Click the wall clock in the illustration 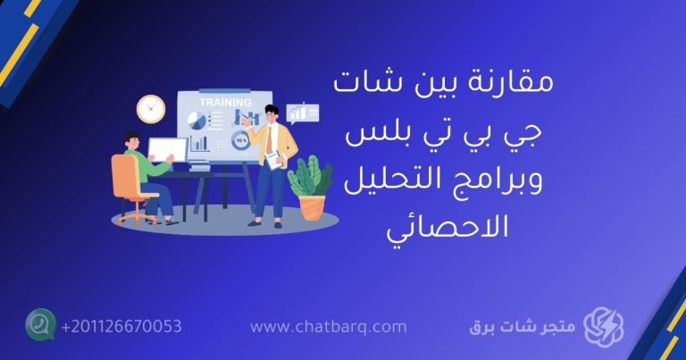(x=151, y=108)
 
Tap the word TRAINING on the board (x=224, y=103)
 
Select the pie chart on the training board (x=195, y=121)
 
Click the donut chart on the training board (x=240, y=140)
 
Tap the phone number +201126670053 (x=121, y=327)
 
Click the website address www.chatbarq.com (x=329, y=328)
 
